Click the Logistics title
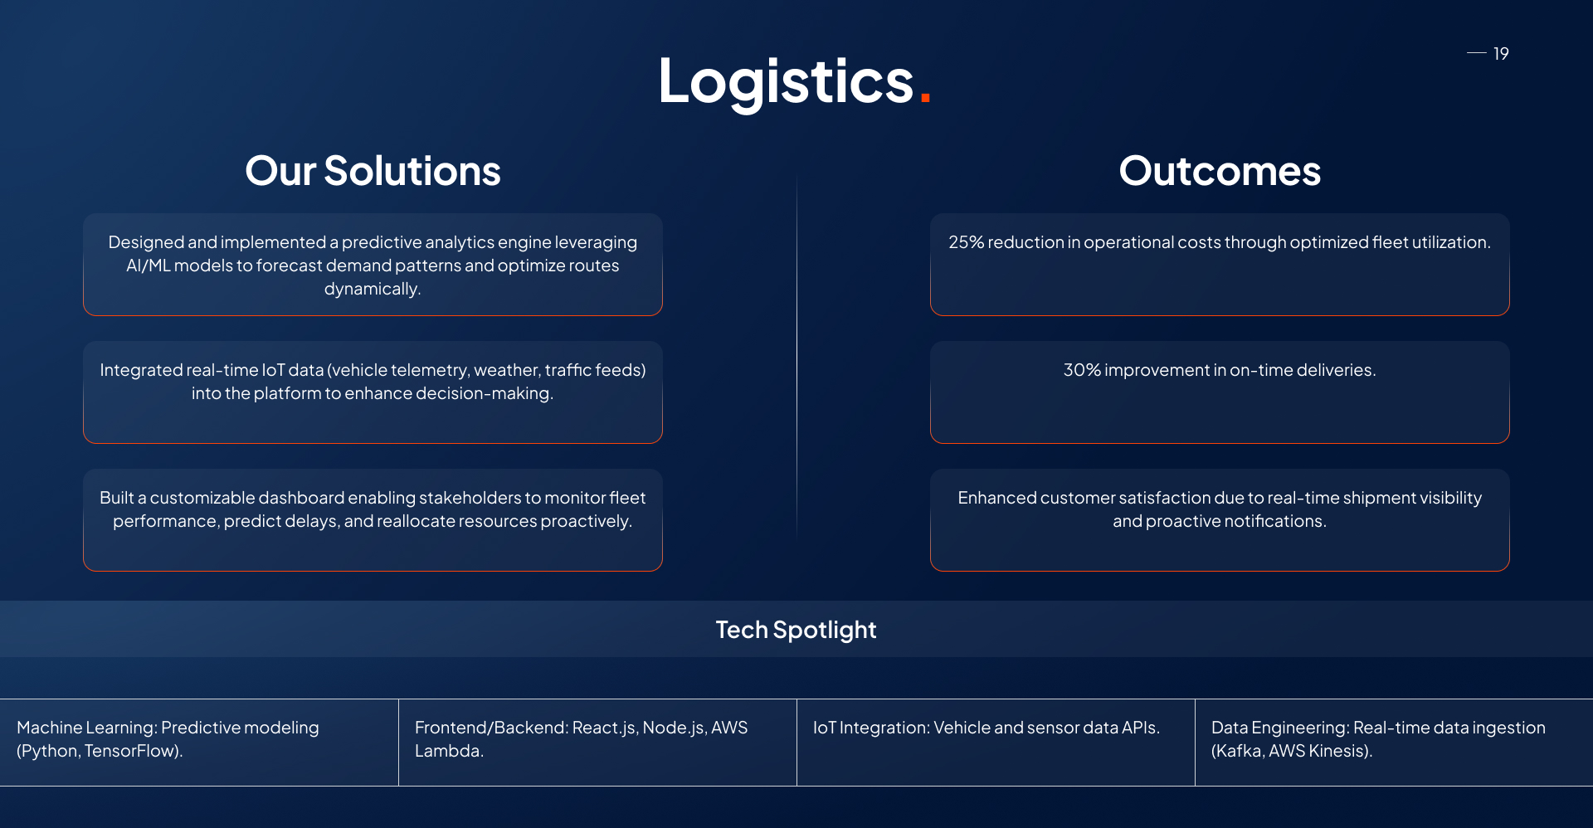(x=786, y=82)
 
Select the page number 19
(x=1501, y=54)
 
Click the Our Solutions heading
(x=373, y=171)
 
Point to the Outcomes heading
(x=1220, y=171)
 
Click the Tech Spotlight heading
(x=796, y=630)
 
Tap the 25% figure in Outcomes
(x=966, y=242)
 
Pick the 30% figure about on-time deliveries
(x=1082, y=370)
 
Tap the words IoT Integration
(x=870, y=728)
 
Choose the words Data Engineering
(x=1280, y=728)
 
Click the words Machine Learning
(x=86, y=728)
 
